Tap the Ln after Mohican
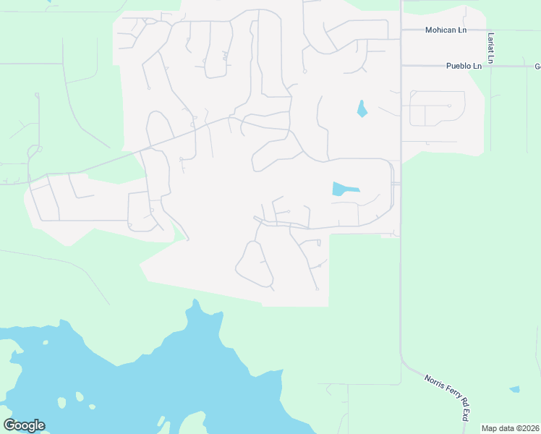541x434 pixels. point(461,30)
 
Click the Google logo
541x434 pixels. point(24,425)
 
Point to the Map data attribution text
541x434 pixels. point(498,428)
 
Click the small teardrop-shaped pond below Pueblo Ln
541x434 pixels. point(362,109)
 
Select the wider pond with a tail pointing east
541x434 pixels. point(343,190)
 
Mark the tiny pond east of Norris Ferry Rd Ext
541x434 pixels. point(514,389)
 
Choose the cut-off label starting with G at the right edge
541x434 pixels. point(537,66)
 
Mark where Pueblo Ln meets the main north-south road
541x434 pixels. point(401,66)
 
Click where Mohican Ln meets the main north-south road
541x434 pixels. point(401,30)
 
